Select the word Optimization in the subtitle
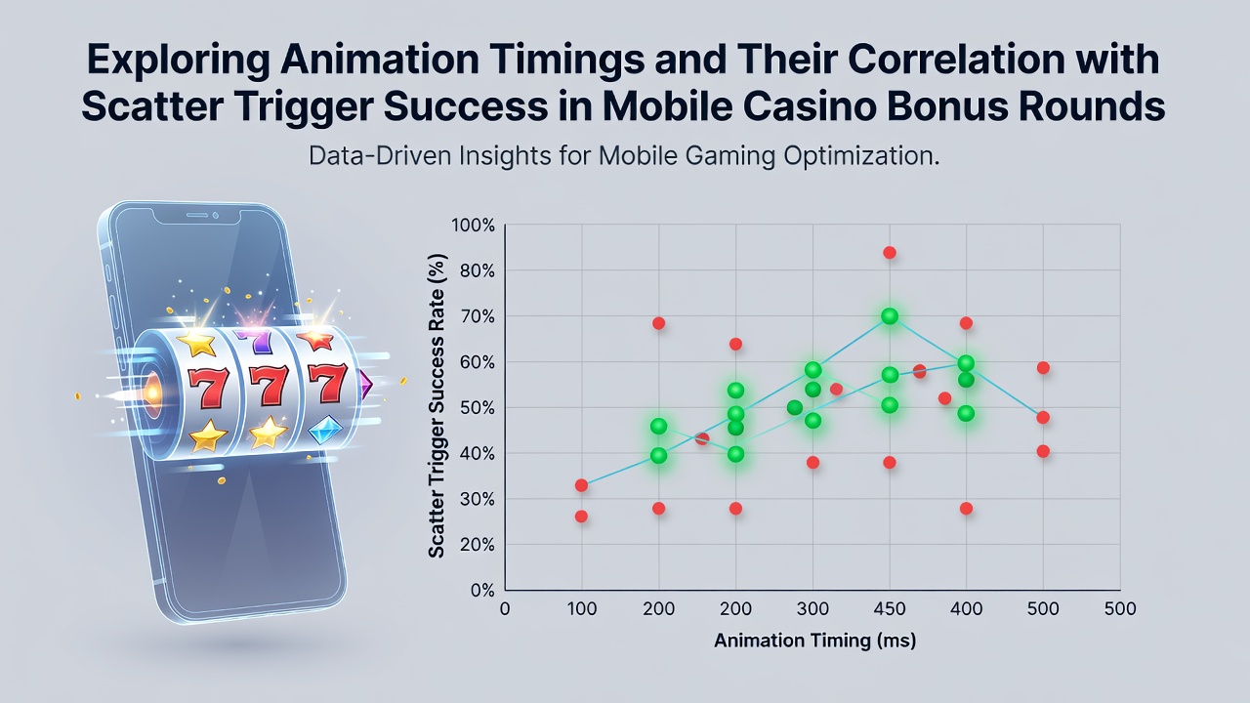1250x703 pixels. click(x=861, y=156)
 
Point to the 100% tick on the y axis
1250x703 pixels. click(x=474, y=226)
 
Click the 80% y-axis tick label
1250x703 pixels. click(x=478, y=271)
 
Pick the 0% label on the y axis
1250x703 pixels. click(x=482, y=591)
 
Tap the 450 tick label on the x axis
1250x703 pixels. click(x=890, y=608)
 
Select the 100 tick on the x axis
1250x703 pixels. click(x=581, y=608)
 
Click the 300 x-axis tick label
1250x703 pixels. click(x=812, y=608)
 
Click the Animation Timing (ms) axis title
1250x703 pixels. click(x=815, y=641)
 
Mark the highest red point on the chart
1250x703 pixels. click(x=890, y=253)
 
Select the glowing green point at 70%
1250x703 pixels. click(x=890, y=316)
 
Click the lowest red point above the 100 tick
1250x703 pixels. click(x=581, y=517)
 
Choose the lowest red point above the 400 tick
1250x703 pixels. click(x=966, y=509)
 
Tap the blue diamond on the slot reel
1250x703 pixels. click(x=325, y=430)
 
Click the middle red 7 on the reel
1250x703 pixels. click(x=269, y=385)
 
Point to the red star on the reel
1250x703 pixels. click(x=315, y=339)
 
